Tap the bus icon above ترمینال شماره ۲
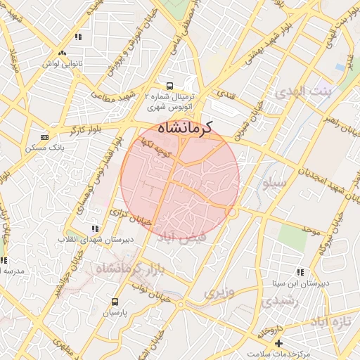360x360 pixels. [x=169, y=86]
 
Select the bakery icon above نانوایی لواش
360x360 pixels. [x=63, y=53]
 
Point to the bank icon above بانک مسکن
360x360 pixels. [x=44, y=138]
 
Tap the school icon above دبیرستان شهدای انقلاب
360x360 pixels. [x=95, y=229]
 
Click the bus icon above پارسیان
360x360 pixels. [x=115, y=302]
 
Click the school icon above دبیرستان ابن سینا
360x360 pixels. [x=301, y=272]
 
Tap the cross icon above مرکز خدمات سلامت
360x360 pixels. [x=279, y=343]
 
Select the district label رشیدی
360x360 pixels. [x=279, y=301]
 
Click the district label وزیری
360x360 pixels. [x=218, y=292]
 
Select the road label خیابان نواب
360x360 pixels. [x=150, y=288]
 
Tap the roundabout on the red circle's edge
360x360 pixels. [x=231, y=212]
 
